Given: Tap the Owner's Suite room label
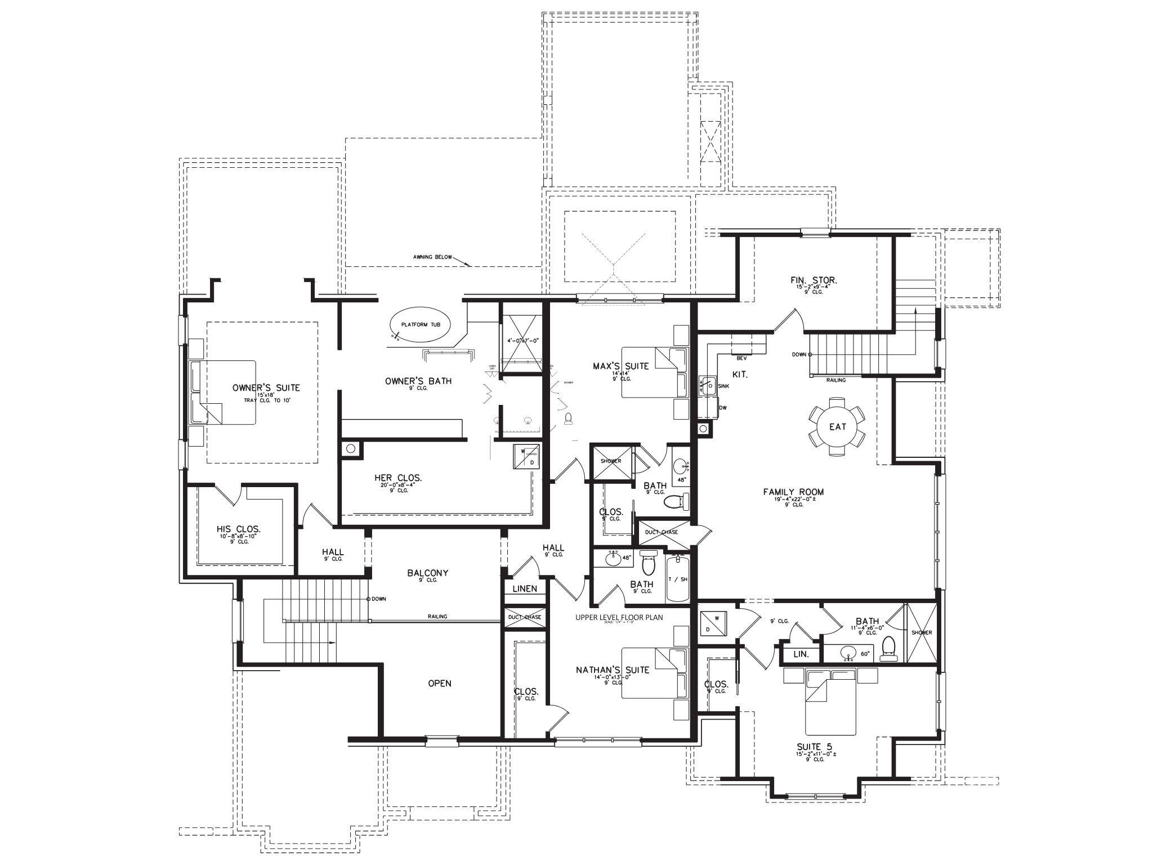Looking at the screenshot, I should click(266, 387).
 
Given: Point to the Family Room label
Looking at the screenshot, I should click(793, 492).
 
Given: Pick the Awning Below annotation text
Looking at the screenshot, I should click(432, 257).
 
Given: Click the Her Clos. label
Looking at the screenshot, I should click(398, 478).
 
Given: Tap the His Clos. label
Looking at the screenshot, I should click(238, 529).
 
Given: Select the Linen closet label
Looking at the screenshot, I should click(524, 588).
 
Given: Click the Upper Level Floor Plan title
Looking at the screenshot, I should click(619, 617).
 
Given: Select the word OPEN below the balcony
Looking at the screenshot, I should click(439, 683).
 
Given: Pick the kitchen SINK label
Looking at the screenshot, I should click(724, 386).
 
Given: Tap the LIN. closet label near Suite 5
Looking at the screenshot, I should click(801, 654).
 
